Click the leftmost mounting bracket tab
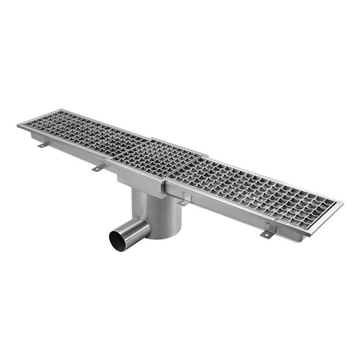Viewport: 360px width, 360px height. pyautogui.click(x=43, y=144)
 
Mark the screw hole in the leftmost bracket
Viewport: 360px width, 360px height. pyautogui.click(x=42, y=145)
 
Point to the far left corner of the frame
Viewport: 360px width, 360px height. pyautogui.click(x=18, y=126)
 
